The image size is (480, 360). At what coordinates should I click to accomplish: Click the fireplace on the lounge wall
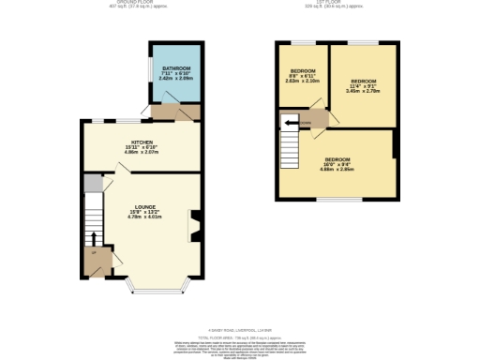195,226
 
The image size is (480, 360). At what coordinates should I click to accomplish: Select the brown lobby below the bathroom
174,112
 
